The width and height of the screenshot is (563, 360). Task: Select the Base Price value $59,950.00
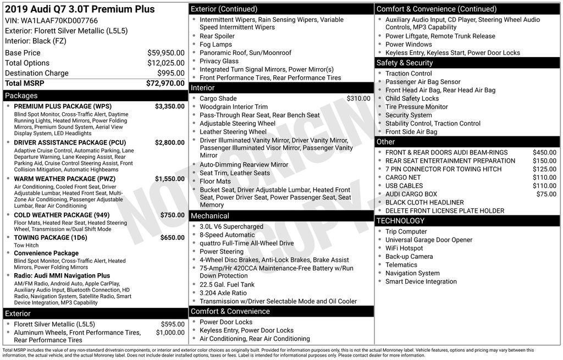165,53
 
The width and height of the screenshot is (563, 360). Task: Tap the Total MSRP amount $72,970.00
165,83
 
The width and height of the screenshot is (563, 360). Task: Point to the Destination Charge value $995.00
171,73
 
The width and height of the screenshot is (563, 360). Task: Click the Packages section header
21,96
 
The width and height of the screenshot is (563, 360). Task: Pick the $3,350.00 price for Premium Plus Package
169,106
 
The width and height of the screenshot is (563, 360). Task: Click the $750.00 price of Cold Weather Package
172,215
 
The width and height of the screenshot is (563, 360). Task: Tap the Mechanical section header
210,215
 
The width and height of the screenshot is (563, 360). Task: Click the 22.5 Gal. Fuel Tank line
227,285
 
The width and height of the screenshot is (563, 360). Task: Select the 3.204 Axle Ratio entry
223,293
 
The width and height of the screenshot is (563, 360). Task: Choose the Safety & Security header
405,63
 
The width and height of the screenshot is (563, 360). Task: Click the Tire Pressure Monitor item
416,107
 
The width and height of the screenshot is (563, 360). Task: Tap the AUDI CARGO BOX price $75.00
546,194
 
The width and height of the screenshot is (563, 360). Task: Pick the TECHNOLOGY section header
400,221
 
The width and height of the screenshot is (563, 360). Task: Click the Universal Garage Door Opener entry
429,240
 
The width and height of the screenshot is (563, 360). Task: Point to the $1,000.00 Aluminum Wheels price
170,333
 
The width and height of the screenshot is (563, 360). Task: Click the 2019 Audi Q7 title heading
80,9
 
